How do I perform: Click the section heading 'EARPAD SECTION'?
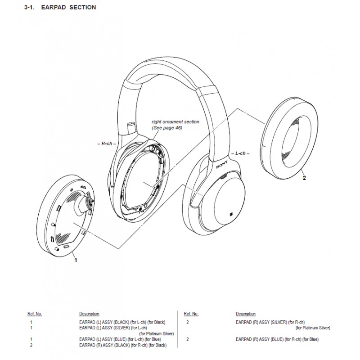(x=68, y=7)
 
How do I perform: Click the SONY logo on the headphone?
(x=222, y=164)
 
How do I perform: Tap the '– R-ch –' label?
(x=107, y=144)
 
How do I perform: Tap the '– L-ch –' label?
(x=240, y=153)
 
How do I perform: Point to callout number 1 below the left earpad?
(x=76, y=260)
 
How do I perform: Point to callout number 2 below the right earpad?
(x=304, y=178)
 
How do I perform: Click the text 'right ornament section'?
(x=175, y=122)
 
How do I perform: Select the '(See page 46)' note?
(x=167, y=128)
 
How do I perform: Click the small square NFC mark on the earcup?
(x=231, y=215)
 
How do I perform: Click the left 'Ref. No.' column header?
(x=35, y=314)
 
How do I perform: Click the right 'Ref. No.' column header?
(x=191, y=314)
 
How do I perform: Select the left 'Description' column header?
(x=89, y=314)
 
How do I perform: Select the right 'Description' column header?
(x=245, y=314)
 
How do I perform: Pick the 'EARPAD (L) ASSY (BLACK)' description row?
(x=122, y=322)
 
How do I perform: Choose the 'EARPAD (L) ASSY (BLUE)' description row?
(x=120, y=339)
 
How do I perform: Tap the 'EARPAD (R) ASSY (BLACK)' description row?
(x=123, y=345)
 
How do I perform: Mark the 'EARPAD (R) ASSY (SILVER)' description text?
(x=270, y=322)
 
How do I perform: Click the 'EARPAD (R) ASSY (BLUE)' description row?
(x=277, y=339)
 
